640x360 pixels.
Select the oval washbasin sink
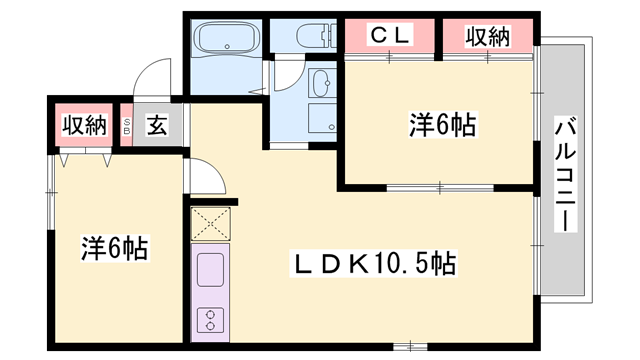(322, 82)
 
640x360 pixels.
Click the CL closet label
(392, 36)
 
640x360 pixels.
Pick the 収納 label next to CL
(488, 36)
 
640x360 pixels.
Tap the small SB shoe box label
(127, 126)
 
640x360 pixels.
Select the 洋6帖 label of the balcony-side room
(441, 125)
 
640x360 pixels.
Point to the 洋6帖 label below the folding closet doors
(113, 249)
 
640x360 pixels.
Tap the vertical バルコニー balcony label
(565, 173)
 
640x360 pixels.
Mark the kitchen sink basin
(211, 270)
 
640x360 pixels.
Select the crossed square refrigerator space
(211, 223)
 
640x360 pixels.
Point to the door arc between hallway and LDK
(207, 177)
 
